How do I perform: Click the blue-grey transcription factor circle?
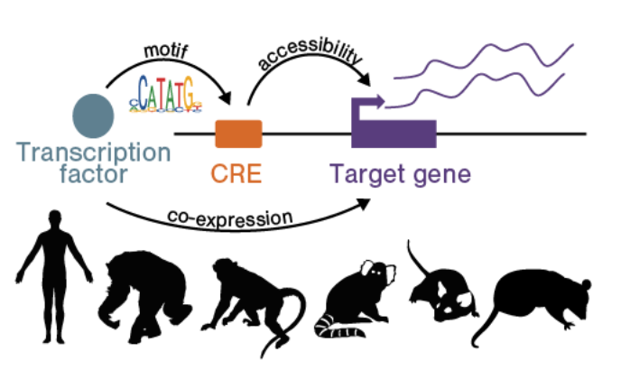94,116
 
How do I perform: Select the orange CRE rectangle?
238,134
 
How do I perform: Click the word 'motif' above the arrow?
165,51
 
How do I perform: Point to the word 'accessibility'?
310,54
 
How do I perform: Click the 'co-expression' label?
230,218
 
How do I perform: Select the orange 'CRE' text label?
236,173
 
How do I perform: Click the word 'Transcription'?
94,153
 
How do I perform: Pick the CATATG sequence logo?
165,94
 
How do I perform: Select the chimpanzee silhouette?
144,296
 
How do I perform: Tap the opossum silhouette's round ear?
587,284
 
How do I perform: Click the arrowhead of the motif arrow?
227,97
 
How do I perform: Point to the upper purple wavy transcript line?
483,60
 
